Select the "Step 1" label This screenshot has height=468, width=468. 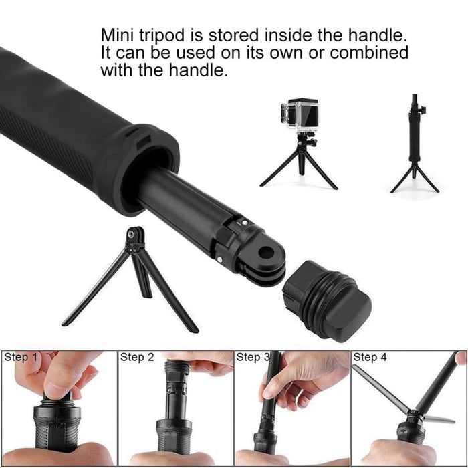click(21, 358)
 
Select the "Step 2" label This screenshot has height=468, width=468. click(137, 358)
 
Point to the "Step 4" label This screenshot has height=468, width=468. click(370, 358)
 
